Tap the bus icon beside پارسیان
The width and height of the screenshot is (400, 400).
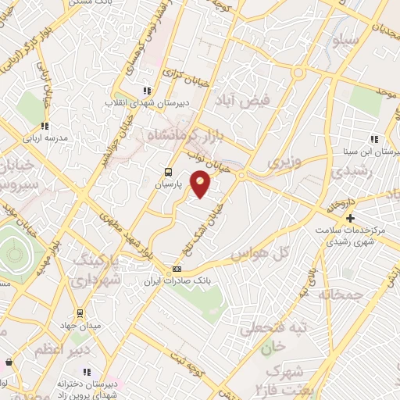click(167, 172)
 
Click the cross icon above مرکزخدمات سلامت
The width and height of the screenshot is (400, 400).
click(350, 218)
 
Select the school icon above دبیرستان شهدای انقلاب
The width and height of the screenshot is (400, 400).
click(145, 91)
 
